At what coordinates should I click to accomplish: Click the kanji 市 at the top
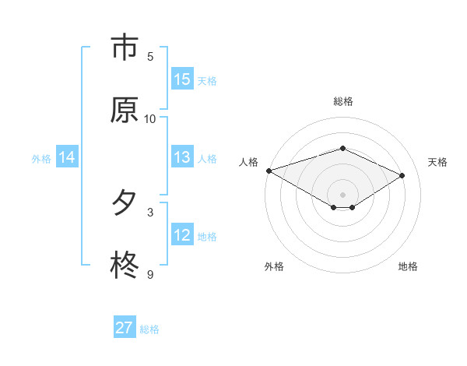124,48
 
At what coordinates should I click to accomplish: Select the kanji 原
124,110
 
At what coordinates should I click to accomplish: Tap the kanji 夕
124,203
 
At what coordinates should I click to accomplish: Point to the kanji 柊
124,266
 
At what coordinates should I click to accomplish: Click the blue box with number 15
182,79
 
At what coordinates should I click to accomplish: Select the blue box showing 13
182,157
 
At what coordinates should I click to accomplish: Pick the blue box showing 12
182,234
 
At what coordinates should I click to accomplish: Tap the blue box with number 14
67,157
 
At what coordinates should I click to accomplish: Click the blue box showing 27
124,328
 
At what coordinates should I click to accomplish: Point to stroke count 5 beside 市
150,56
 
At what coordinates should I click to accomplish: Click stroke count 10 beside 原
150,118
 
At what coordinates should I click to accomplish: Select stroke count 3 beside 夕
150,212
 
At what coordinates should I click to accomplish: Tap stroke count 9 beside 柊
150,274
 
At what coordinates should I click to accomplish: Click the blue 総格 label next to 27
149,329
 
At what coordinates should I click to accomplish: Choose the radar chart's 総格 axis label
343,101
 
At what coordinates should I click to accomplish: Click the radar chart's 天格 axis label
437,162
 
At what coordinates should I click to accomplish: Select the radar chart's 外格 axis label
274,266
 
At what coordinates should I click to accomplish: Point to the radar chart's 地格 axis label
408,266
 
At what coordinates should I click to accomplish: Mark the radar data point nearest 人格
269,171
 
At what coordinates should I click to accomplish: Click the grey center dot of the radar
343,194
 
